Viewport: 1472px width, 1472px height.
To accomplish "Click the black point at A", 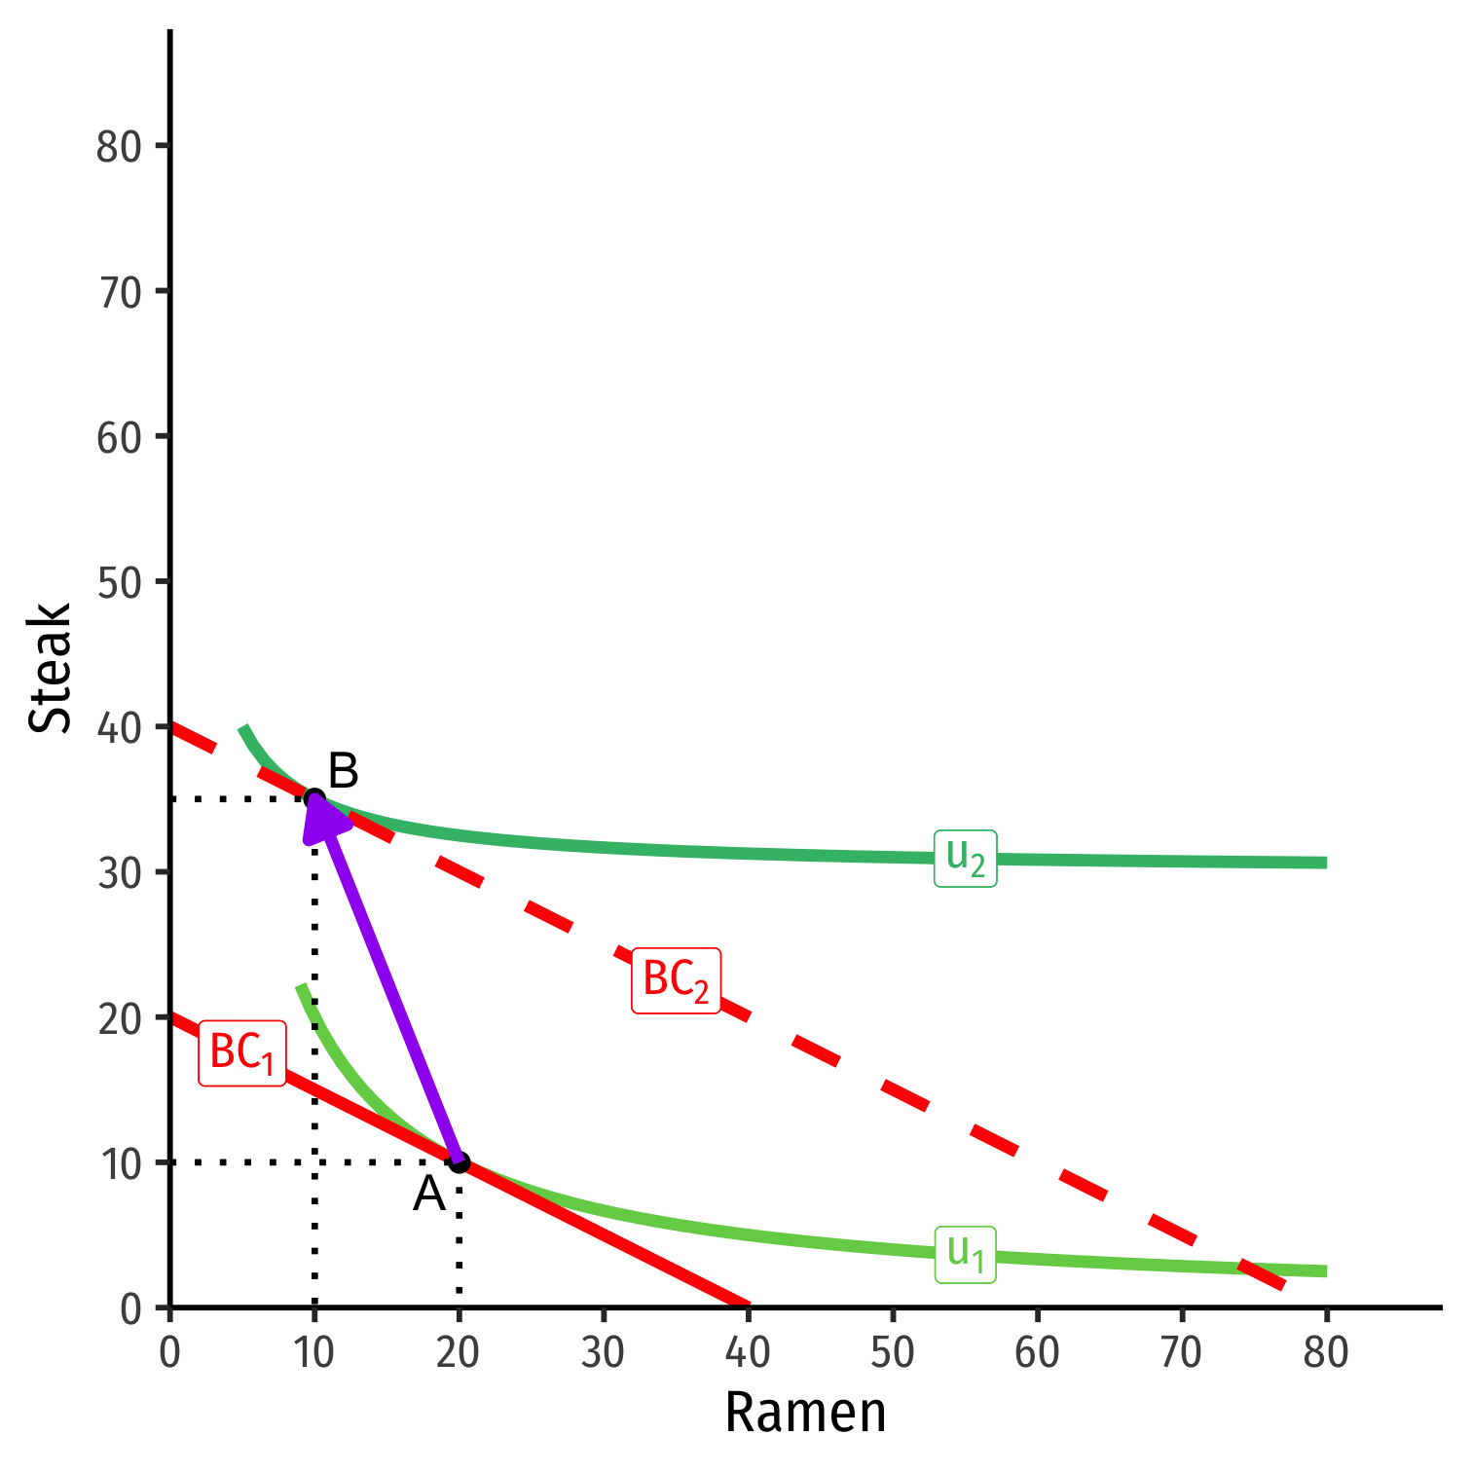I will pyautogui.click(x=460, y=1162).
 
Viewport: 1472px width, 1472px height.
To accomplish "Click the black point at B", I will pyautogui.click(x=314, y=799).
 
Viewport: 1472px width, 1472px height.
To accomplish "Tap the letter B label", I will pyautogui.click(x=344, y=771).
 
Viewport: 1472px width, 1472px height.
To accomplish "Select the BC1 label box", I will pyautogui.click(x=242, y=1053).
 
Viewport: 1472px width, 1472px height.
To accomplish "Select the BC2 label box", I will pyautogui.click(x=676, y=980).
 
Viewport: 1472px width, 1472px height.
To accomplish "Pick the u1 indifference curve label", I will pyautogui.click(x=966, y=1254).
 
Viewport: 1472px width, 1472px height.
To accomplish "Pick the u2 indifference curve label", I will pyautogui.click(x=966, y=858).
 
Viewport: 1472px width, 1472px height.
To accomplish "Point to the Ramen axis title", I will pyautogui.click(x=805, y=1413).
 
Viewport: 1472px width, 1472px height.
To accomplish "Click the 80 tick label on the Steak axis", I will pyautogui.click(x=120, y=147).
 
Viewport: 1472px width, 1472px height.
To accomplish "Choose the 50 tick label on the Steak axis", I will pyautogui.click(x=120, y=582).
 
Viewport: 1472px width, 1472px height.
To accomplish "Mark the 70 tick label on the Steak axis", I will pyautogui.click(x=120, y=292).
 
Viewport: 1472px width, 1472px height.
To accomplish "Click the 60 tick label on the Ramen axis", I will pyautogui.click(x=1037, y=1352).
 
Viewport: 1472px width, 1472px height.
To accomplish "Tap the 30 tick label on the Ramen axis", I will pyautogui.click(x=604, y=1352).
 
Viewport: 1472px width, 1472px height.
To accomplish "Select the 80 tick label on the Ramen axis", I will pyautogui.click(x=1326, y=1352).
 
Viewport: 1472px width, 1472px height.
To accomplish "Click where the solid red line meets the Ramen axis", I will pyautogui.click(x=748, y=1306).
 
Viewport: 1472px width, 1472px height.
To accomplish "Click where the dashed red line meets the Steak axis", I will pyautogui.click(x=172, y=725).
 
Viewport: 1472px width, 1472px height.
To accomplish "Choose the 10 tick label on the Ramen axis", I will pyautogui.click(x=314, y=1352).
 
